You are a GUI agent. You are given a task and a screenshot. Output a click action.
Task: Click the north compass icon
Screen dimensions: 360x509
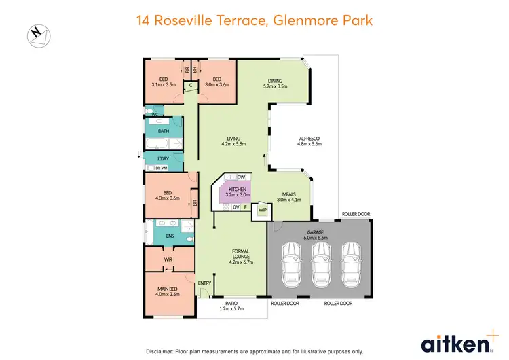click(x=36, y=34)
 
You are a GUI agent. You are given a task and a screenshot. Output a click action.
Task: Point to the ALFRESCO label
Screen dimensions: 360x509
click(x=309, y=141)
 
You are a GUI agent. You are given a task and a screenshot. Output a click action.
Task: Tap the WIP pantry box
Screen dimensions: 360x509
click(x=261, y=211)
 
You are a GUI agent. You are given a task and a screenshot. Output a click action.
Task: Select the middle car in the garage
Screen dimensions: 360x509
click(x=319, y=262)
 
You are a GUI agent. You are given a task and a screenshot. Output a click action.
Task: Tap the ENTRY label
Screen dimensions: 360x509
click(x=204, y=283)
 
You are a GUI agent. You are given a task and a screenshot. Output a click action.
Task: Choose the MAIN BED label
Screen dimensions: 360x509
click(x=168, y=291)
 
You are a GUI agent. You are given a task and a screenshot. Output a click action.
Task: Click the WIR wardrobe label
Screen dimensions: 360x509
click(x=168, y=259)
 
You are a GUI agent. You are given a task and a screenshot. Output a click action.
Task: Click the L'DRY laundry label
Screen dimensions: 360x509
click(x=163, y=158)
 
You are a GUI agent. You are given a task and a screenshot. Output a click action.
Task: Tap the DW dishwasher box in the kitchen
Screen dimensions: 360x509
click(x=241, y=177)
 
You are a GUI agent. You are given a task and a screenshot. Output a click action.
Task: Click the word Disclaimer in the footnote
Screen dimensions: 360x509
click(x=162, y=351)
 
